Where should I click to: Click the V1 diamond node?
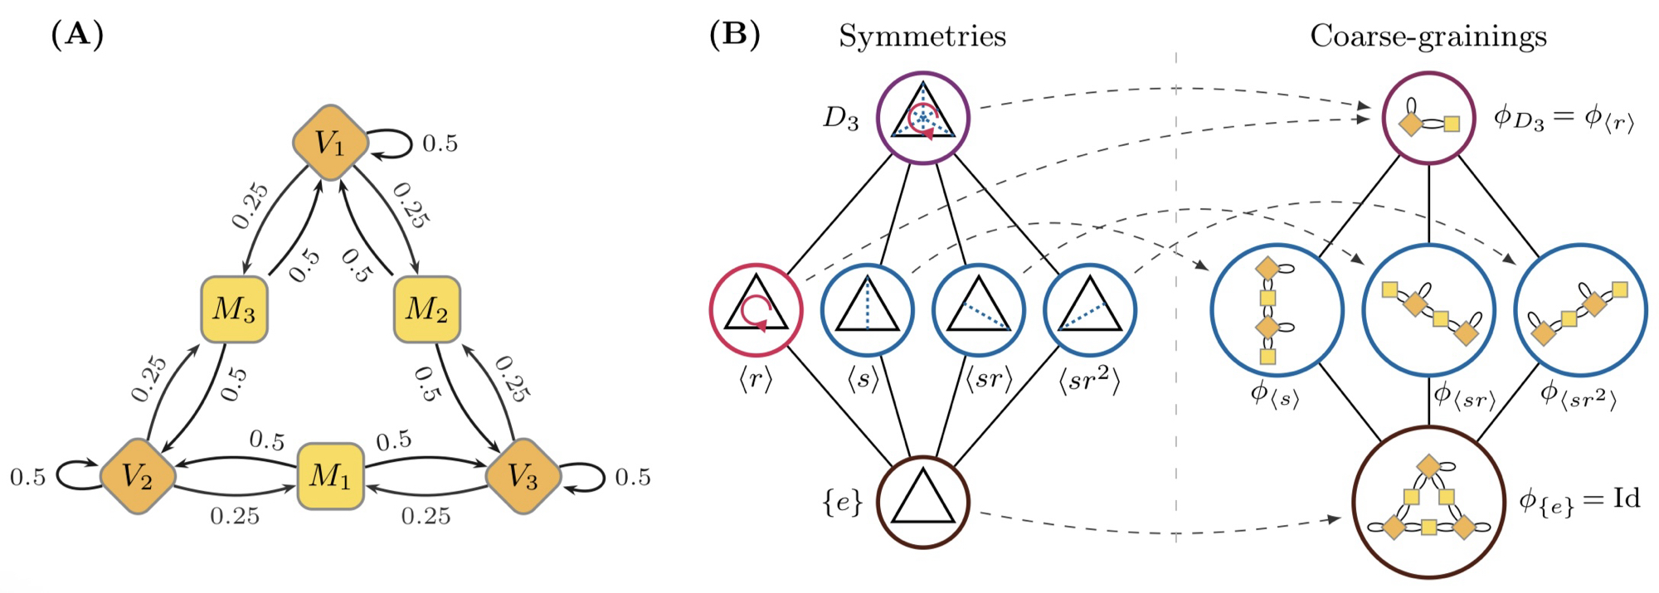click(331, 143)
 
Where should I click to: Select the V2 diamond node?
click(138, 476)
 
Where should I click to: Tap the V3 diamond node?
click(523, 476)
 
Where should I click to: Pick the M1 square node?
click(330, 476)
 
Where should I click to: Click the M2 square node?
click(426, 309)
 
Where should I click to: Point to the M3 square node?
click(235, 309)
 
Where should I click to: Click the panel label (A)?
click(77, 35)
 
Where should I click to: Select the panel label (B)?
click(734, 35)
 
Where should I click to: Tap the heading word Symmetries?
click(922, 36)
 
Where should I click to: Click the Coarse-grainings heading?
click(1428, 36)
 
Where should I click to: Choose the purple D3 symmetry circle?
click(923, 117)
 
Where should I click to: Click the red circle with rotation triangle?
click(756, 310)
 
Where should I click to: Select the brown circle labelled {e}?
click(923, 503)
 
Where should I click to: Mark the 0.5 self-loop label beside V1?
click(440, 143)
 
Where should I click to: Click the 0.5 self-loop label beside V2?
click(27, 478)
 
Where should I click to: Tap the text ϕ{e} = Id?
click(1579, 500)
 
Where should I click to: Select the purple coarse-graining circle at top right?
click(1428, 118)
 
